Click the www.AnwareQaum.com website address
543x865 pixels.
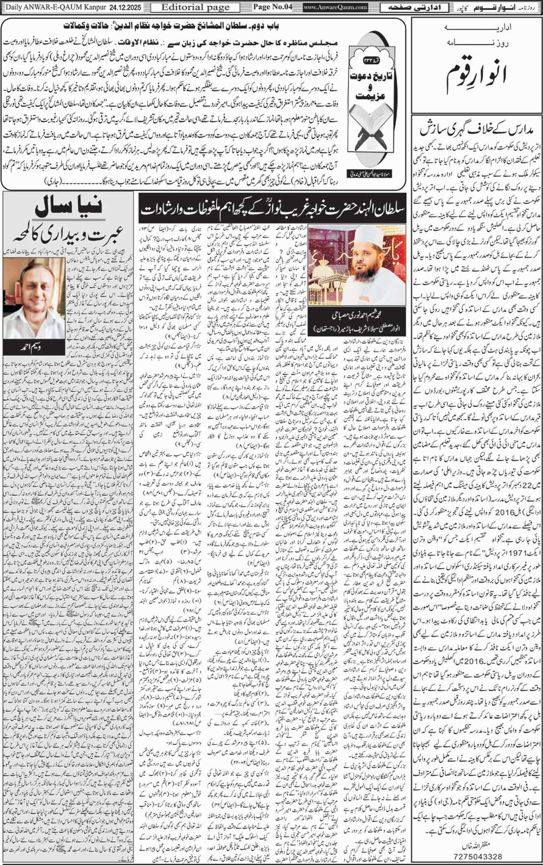(335, 7)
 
